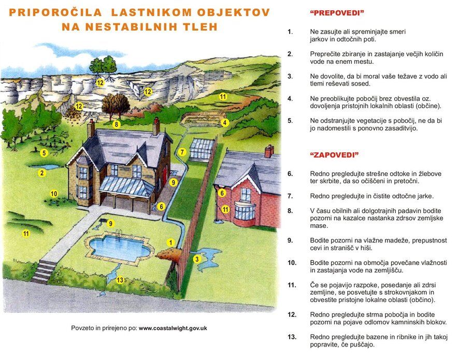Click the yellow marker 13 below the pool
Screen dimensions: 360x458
120,280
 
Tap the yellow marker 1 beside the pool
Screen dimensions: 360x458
170,242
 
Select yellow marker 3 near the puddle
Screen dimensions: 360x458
197,258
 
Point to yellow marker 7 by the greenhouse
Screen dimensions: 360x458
182,152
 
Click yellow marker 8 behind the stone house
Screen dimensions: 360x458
117,124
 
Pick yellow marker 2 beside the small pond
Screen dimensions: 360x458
42,173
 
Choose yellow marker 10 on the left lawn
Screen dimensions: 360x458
54,194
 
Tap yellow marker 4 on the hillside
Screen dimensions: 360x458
225,123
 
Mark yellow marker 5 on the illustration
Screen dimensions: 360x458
44,153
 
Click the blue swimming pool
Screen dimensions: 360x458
119,248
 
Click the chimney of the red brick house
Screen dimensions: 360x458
269,151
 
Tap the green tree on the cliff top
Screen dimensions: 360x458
103,65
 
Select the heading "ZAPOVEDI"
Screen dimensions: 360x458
335,155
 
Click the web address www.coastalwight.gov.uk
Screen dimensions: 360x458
173,328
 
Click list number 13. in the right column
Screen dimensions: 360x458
292,337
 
